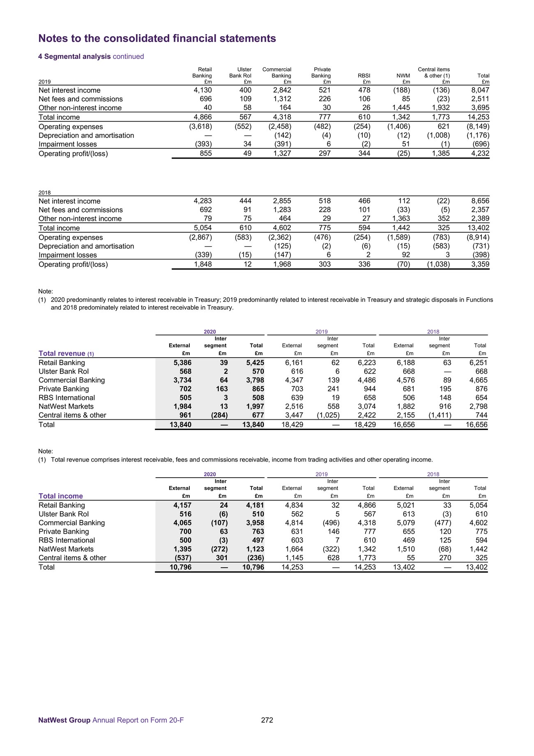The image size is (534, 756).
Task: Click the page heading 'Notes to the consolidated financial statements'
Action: coord(157,39)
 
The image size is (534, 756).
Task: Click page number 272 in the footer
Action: coord(267,720)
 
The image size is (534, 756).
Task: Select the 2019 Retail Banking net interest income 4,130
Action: coord(203,90)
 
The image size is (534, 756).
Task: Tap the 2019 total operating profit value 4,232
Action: coord(480,154)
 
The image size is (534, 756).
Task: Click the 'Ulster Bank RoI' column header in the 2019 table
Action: coord(240,73)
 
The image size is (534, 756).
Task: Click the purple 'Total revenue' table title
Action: coord(62,354)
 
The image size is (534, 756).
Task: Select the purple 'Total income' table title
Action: coord(61,496)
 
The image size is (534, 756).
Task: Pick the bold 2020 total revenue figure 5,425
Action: coord(255,363)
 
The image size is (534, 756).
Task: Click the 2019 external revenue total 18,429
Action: coord(292,425)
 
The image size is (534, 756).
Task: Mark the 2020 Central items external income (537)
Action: coord(181,558)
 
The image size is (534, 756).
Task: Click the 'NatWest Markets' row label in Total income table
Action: coord(66,549)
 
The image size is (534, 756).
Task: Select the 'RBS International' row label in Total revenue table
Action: coord(67,398)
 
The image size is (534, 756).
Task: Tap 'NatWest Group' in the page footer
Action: coord(64,720)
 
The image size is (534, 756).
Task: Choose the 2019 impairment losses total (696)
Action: coord(480,144)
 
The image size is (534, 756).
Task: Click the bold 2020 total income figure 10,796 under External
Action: coord(180,567)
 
